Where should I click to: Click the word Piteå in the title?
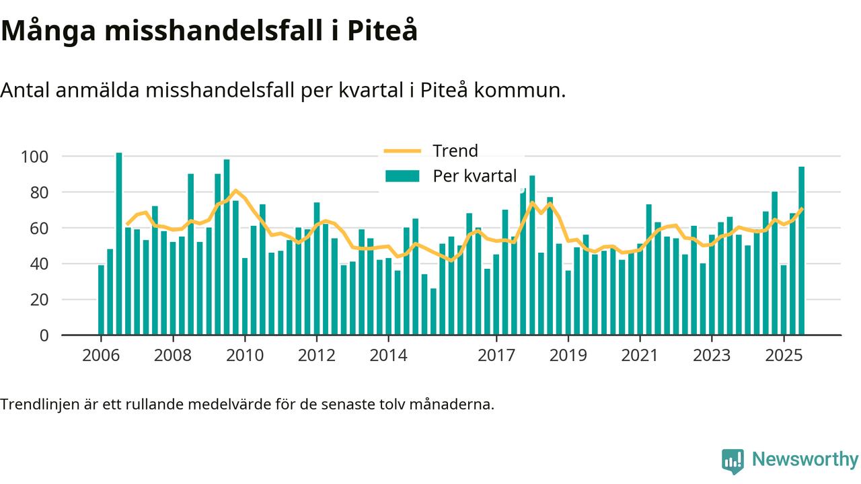381,31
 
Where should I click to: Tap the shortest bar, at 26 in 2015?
433,311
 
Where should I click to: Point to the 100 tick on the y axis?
34,157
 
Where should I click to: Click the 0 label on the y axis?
44,335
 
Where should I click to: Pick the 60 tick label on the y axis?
39,228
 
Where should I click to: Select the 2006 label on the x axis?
101,355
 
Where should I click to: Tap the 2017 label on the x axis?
496,355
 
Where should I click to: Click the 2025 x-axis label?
784,355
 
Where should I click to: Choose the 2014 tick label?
388,355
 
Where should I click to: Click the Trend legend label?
455,151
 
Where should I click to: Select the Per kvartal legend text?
474,176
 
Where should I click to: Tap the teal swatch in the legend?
402,176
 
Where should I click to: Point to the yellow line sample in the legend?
402,151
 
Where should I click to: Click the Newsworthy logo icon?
733,461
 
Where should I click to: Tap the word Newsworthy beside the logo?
804,460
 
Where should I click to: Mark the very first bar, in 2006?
101,300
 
